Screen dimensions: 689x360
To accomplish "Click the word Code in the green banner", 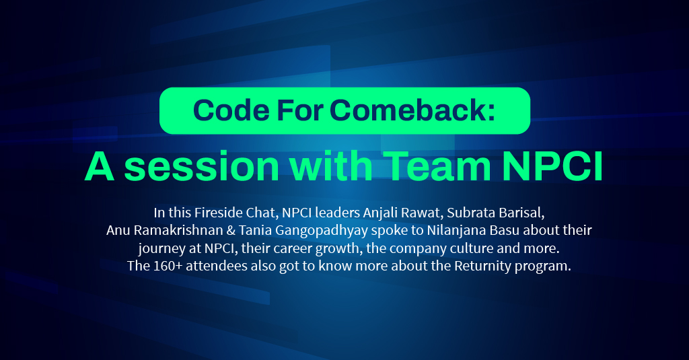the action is click(x=231, y=110).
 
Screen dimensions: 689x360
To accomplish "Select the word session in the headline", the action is click(x=202, y=167).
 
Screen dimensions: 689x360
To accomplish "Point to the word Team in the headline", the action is click(x=438, y=167).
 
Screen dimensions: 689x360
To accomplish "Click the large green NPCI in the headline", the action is click(x=553, y=167).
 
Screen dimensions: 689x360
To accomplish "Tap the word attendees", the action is click(x=217, y=266).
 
